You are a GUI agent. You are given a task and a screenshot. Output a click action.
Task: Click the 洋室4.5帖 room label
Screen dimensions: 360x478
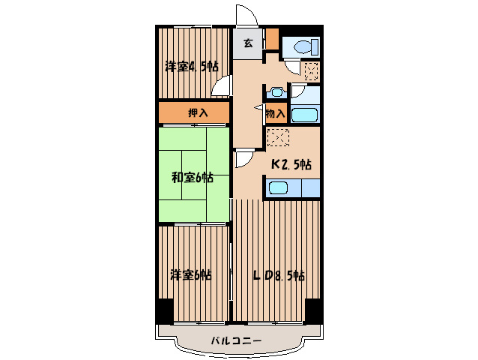pos(191,67)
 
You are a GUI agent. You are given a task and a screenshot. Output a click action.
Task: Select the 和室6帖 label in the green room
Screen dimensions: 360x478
pos(192,178)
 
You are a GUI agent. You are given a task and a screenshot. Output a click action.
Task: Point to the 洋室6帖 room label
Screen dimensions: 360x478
pos(190,274)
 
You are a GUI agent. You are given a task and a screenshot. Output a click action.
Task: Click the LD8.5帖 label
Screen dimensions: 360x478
pos(278,275)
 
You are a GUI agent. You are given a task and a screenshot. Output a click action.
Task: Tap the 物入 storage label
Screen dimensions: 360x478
pos(276,114)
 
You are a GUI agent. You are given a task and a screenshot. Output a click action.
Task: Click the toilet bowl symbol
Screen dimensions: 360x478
pos(304,46)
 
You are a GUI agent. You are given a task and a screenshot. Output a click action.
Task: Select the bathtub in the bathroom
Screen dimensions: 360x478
pos(304,115)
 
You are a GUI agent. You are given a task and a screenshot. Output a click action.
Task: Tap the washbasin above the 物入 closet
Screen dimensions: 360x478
pos(276,93)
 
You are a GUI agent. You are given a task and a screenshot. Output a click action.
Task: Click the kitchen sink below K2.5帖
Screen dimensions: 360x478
pos(279,187)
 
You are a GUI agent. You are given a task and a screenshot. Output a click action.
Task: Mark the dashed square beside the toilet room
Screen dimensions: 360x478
pos(311,71)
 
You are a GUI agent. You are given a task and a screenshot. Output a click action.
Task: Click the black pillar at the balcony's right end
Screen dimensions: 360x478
pos(312,309)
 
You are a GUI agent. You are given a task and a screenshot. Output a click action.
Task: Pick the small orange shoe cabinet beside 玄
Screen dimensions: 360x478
pos(272,37)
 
